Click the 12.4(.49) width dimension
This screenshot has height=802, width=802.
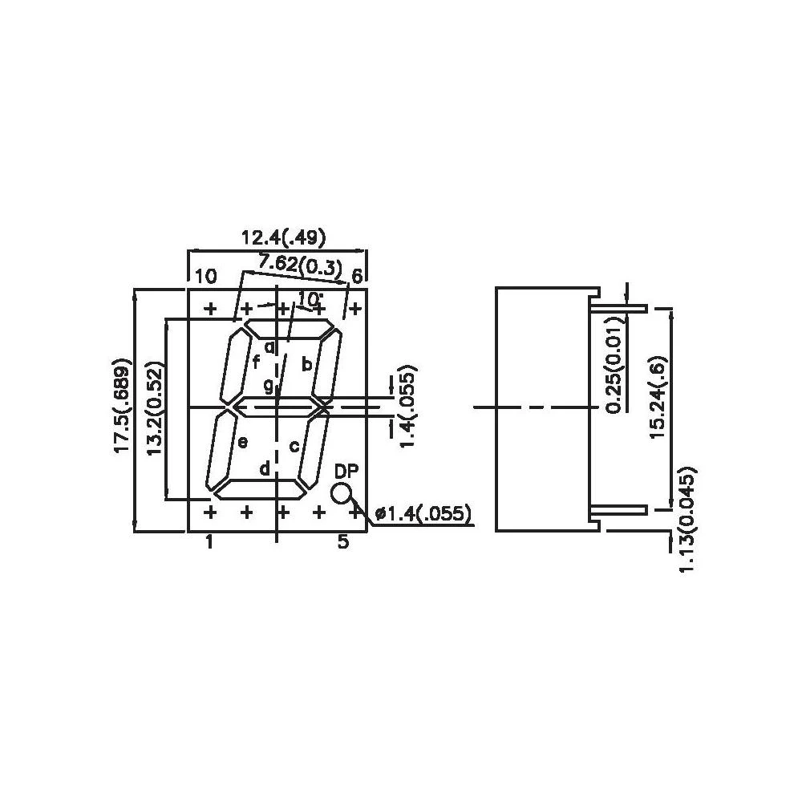283,238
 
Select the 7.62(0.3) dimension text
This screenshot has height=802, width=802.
300,265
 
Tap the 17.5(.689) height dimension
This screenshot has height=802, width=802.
123,406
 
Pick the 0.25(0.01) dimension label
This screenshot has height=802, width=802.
614,365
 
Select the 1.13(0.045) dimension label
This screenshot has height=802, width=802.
687,519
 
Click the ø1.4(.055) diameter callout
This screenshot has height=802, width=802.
422,513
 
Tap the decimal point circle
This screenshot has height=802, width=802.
341,493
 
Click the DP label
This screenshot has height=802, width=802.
346,471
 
